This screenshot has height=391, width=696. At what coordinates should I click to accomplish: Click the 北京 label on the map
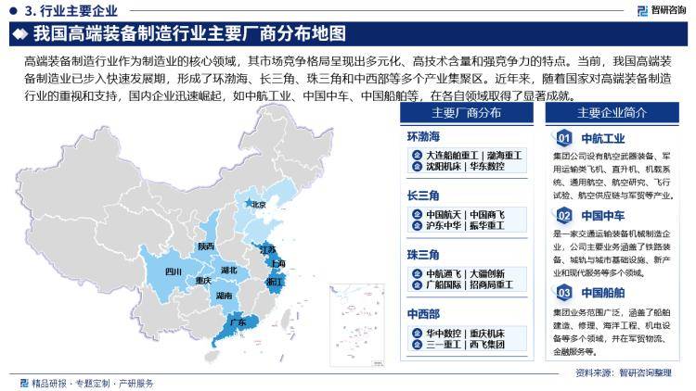(x=259, y=205)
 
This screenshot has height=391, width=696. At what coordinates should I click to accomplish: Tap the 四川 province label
(x=174, y=271)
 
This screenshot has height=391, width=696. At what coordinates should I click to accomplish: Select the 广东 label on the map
(x=238, y=322)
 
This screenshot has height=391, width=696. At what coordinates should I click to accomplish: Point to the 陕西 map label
(x=206, y=246)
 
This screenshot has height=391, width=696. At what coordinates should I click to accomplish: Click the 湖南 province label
(x=224, y=296)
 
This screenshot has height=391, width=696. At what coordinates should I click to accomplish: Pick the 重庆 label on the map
(x=203, y=280)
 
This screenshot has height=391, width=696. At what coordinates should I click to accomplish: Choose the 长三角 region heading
(x=422, y=196)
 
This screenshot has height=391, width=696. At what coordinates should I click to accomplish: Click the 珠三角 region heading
(x=422, y=254)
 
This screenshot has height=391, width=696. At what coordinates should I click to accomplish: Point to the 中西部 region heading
(x=422, y=313)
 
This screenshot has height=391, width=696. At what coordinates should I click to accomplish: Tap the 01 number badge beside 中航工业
(x=562, y=139)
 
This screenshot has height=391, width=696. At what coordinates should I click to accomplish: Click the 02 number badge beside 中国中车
(x=562, y=216)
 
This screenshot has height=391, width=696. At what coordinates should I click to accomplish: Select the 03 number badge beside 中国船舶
(x=562, y=294)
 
